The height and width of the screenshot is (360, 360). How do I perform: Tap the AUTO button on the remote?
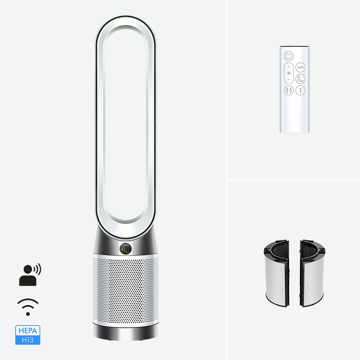point(300,67)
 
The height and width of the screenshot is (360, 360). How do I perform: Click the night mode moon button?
point(300,79)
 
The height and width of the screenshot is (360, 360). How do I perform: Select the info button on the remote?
point(300,90)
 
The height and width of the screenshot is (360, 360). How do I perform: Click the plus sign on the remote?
point(289,67)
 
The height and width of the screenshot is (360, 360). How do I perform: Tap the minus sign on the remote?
point(289,79)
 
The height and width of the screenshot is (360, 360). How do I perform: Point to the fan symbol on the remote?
point(289,73)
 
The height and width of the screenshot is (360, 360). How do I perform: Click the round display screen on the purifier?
point(125,249)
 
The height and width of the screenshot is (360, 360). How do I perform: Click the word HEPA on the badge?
point(28,331)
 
